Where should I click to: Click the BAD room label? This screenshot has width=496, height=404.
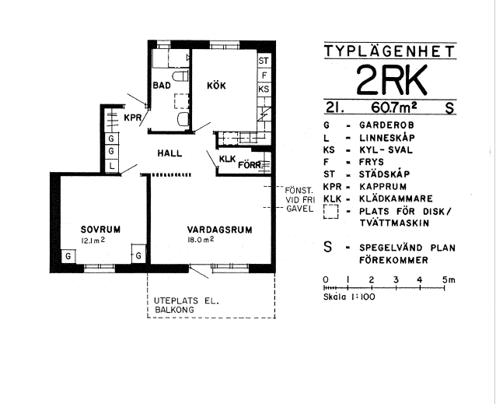click(162, 86)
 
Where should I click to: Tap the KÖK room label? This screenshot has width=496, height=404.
click(216, 86)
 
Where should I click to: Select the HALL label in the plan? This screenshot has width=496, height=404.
click(169, 153)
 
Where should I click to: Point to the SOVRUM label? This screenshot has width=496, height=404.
click(100, 230)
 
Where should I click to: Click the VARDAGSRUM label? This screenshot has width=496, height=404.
click(219, 230)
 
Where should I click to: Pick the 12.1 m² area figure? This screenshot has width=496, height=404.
click(93, 241)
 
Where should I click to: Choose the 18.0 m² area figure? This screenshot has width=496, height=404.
click(201, 239)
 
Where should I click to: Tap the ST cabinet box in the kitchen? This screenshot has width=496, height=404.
click(264, 61)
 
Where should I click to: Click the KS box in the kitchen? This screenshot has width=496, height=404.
click(264, 90)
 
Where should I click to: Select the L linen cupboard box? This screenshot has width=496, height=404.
click(112, 166)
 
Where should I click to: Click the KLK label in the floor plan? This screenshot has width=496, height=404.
click(228, 159)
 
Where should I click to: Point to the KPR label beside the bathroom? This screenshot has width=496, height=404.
click(132, 118)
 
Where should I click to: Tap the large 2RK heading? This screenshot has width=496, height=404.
click(392, 79)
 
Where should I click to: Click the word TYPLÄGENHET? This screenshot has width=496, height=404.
click(389, 51)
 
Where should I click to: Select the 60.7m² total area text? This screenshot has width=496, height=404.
click(393, 107)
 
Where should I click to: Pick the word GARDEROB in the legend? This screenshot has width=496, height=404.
click(386, 125)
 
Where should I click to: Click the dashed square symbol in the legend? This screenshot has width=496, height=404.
click(331, 212)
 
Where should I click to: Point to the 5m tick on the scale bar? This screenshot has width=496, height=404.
click(444, 288)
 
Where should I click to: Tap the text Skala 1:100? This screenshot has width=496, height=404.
click(349, 297)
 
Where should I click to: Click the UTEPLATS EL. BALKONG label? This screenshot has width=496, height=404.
click(187, 305)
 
